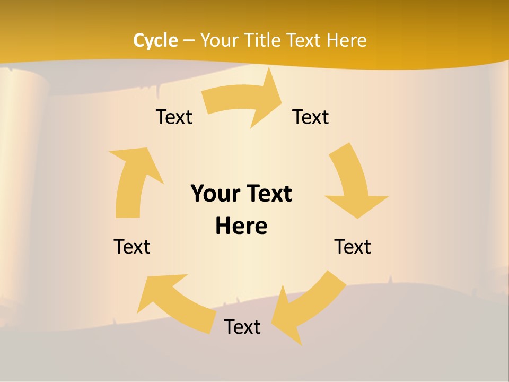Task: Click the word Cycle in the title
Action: (155, 40)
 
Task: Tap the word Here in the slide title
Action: (347, 40)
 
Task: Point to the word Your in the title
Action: (220, 40)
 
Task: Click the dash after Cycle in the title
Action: (189, 41)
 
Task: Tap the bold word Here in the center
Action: (241, 226)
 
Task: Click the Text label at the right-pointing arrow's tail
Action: (174, 117)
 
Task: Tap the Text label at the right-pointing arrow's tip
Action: (311, 117)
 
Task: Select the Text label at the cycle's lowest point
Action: (242, 327)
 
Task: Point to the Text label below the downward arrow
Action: (353, 247)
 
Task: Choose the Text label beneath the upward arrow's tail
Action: (132, 247)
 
